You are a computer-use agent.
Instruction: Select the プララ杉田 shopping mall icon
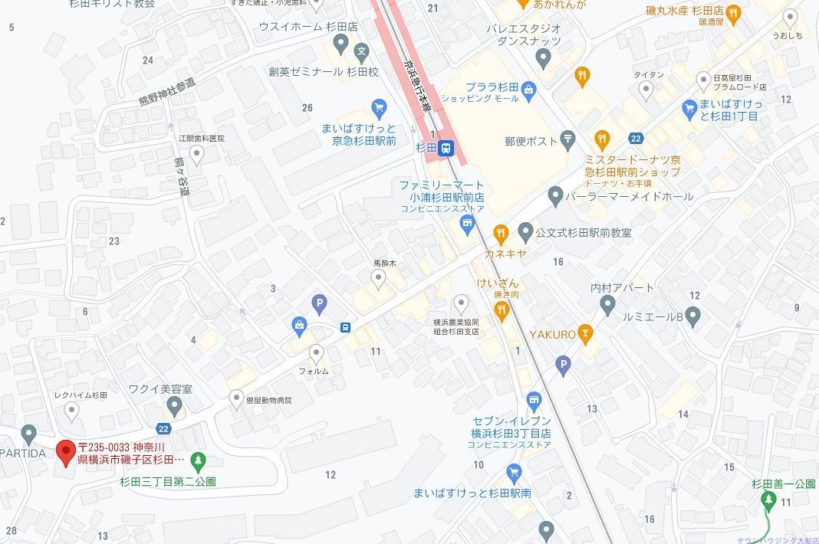[528, 92]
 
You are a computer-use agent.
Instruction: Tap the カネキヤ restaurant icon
[501, 232]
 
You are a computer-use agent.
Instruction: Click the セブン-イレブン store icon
[534, 398]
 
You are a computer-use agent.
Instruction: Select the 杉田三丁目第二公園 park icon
[198, 461]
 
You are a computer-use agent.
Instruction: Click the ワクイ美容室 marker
[174, 405]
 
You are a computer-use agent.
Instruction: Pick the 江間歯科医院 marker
[197, 156]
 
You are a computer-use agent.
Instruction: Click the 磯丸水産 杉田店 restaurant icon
[733, 12]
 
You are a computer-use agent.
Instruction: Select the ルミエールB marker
[692, 315]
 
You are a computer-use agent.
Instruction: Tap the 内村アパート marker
[608, 306]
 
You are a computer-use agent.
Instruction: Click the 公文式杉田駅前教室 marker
[525, 231]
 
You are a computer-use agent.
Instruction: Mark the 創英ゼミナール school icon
[362, 52]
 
